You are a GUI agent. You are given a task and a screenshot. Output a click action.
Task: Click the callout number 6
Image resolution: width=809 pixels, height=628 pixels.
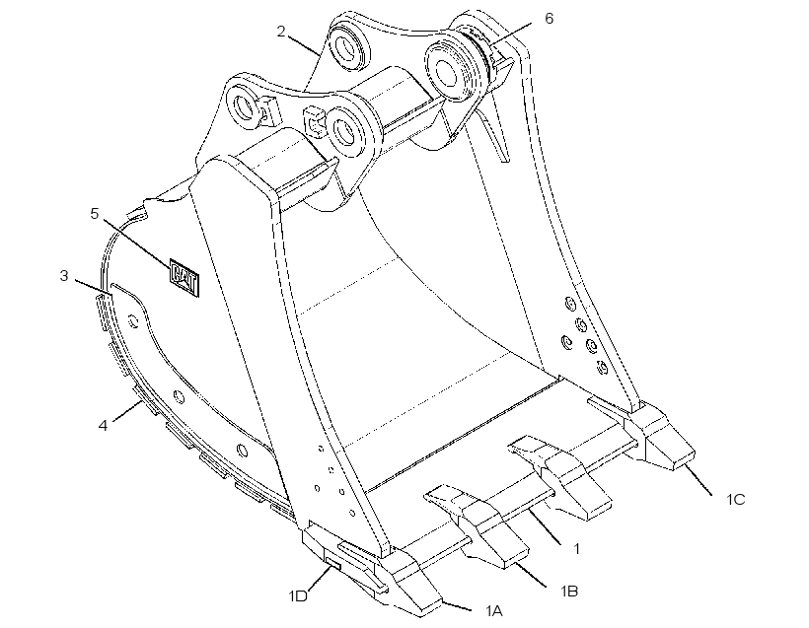(x=549, y=19)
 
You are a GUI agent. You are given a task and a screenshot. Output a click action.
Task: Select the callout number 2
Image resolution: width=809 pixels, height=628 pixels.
(x=280, y=32)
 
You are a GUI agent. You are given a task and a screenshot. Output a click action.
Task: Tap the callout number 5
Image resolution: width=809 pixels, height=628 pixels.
(x=95, y=213)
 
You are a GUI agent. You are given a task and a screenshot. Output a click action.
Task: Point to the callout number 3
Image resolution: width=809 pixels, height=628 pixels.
(x=64, y=276)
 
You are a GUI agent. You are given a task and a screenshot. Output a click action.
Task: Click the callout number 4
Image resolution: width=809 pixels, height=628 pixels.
(x=104, y=425)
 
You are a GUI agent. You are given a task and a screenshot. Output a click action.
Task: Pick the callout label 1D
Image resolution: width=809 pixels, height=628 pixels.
(x=298, y=596)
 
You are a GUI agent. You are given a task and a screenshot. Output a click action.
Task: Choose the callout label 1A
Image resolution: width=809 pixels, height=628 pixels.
(x=493, y=611)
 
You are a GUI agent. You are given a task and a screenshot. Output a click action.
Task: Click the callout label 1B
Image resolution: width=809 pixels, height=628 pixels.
(x=569, y=591)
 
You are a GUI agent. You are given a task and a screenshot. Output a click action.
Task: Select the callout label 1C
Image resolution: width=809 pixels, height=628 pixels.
(x=736, y=499)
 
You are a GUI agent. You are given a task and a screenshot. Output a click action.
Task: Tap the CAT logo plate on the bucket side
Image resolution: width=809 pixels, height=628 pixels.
(x=184, y=278)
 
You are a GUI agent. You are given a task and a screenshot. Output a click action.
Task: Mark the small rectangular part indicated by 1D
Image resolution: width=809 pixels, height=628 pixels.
(x=332, y=560)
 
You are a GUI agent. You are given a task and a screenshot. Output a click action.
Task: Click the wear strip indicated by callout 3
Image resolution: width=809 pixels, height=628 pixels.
(x=104, y=311)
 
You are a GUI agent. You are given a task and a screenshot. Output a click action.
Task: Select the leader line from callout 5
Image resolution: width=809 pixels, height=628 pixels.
(x=137, y=244)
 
